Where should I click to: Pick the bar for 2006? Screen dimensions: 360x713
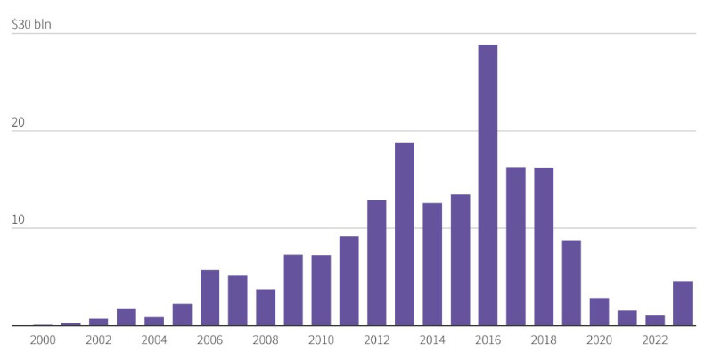[209, 298]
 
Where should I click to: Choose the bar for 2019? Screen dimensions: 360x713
[571, 283]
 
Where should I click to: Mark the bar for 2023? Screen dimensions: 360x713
[683, 304]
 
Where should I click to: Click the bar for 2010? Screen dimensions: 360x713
[321, 290]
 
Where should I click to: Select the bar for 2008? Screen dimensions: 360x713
[266, 307]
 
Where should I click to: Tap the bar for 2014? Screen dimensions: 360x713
[432, 265]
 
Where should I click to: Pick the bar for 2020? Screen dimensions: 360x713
[599, 312]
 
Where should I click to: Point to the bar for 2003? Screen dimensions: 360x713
[127, 317]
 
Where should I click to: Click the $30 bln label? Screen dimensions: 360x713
[31, 24]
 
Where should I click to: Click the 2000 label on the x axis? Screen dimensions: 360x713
[43, 340]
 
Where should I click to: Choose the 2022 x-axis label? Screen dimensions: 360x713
[655, 340]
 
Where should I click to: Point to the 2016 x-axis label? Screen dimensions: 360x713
[488, 340]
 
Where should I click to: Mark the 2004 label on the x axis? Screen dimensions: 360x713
[154, 340]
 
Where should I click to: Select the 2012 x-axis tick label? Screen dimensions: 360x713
[376, 340]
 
